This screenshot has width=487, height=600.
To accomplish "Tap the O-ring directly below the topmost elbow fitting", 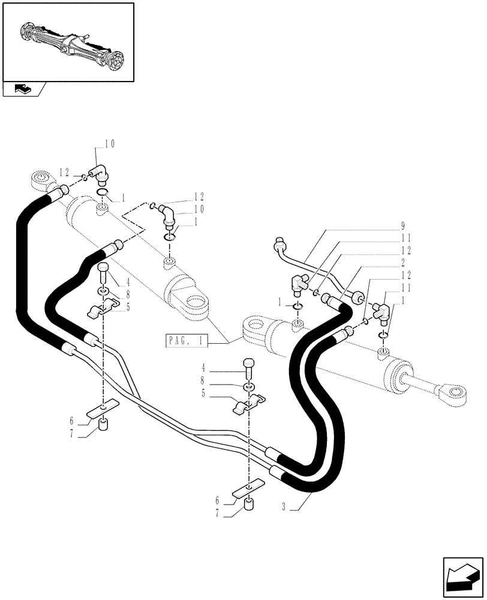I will point(103,193).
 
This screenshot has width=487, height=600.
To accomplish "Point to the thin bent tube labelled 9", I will point(312,264).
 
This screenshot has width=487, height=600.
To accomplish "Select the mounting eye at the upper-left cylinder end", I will point(41,179).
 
